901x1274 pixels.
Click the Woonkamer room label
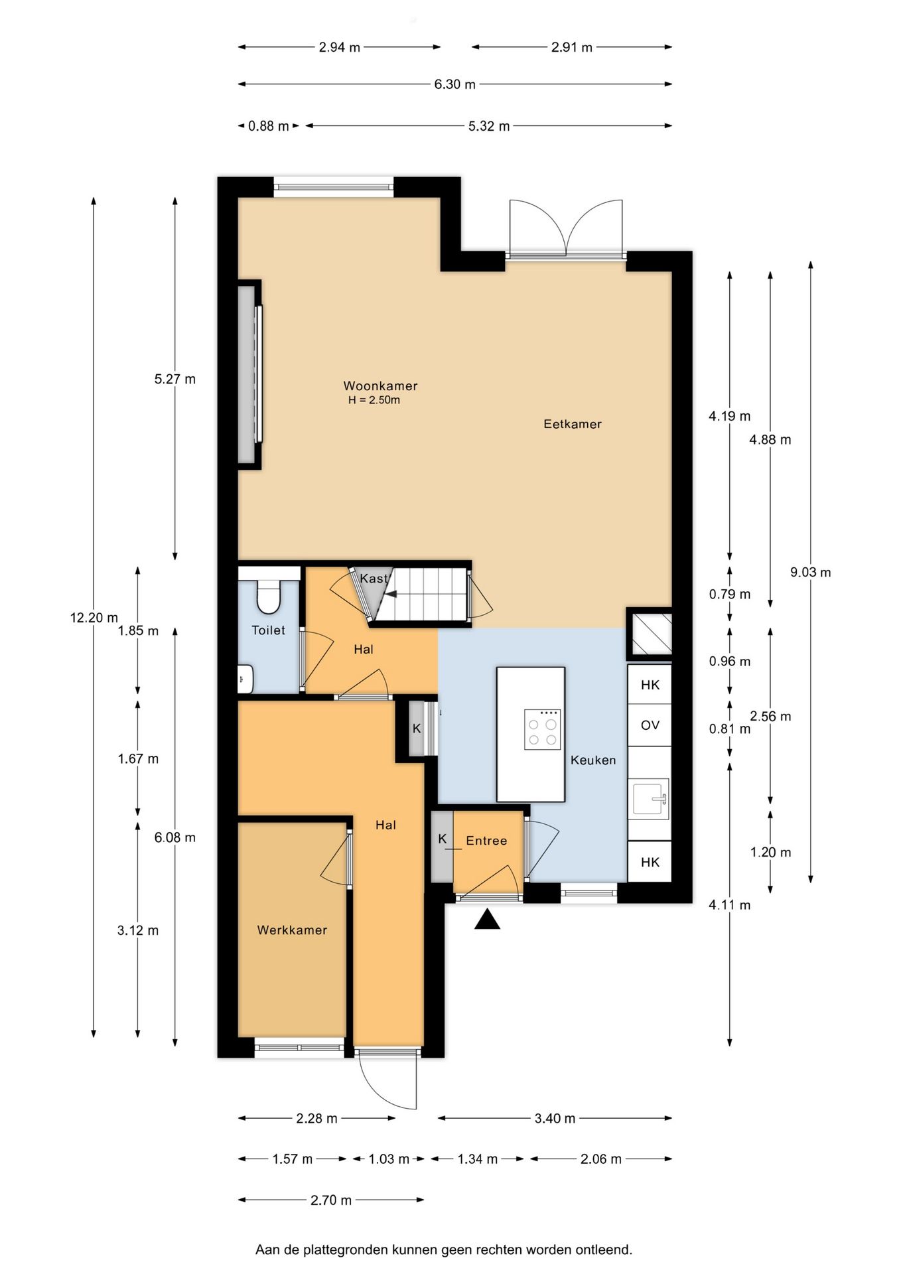click(x=380, y=386)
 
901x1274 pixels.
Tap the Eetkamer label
click(x=573, y=424)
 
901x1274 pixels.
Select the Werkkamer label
click(x=292, y=930)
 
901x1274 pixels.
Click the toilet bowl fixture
click(x=269, y=597)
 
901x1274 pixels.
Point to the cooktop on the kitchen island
click(x=543, y=730)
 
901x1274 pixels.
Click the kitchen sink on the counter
click(x=650, y=798)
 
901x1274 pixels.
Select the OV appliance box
click(x=650, y=725)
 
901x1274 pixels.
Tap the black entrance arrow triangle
click(x=487, y=919)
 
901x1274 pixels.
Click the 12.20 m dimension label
click(x=94, y=618)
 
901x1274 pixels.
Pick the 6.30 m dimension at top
click(x=455, y=84)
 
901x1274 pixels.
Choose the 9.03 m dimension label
click(x=810, y=572)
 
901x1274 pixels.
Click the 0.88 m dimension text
click(x=269, y=126)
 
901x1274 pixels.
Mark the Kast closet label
click(x=374, y=579)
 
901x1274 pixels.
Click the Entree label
click(x=486, y=841)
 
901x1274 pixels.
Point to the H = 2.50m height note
click(x=374, y=400)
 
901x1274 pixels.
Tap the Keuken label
click(x=593, y=760)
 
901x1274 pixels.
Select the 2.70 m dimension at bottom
click(x=331, y=1200)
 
